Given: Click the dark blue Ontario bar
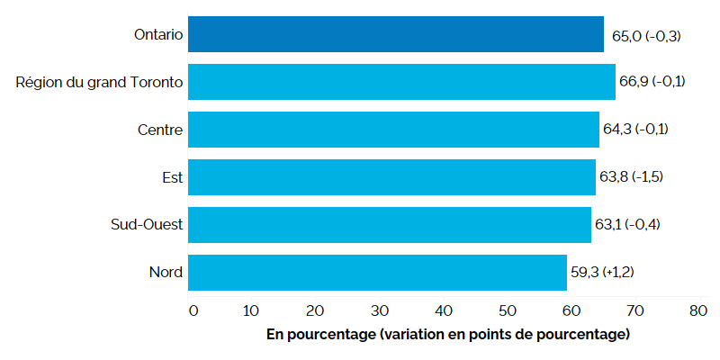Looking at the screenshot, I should [396, 34].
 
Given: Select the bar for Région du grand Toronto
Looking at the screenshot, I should [401, 82].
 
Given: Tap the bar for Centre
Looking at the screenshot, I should [393, 130].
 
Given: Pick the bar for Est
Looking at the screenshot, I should [391, 177].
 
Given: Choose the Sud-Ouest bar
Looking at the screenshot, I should [390, 224].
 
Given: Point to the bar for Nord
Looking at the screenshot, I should [377, 272].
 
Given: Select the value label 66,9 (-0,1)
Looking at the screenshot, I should [652, 82].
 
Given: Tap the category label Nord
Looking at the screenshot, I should [166, 272].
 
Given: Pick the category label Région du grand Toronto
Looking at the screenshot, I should [100, 82].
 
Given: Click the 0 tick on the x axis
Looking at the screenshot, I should [193, 310].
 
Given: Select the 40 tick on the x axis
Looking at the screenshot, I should [445, 310].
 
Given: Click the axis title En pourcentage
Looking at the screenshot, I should [447, 335].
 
